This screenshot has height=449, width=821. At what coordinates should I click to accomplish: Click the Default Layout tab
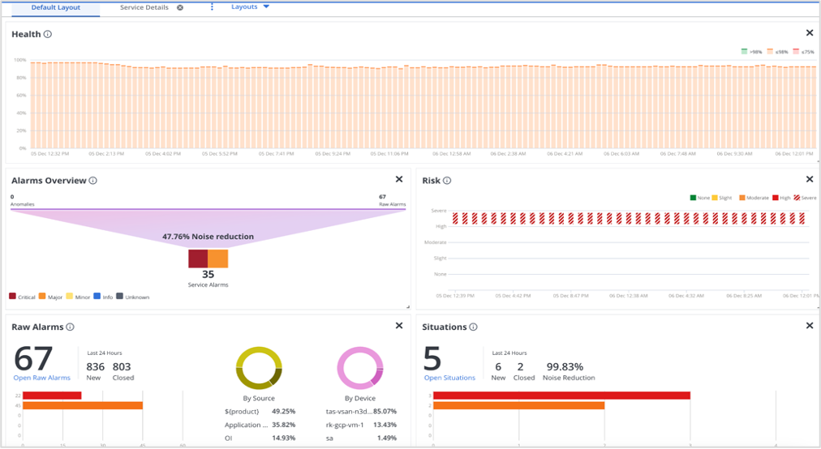pos(55,7)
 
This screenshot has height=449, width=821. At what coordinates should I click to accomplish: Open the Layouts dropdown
pos(250,7)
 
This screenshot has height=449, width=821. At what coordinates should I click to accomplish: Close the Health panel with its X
pos(809,33)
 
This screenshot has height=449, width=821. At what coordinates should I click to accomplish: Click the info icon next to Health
pos(48,34)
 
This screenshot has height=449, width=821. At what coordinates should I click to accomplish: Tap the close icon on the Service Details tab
pos(180,7)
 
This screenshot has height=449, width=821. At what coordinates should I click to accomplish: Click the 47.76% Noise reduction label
pos(208,237)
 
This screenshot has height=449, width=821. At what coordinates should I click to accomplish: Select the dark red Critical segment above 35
pos(198,259)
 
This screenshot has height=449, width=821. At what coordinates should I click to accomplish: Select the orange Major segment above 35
pos(218,259)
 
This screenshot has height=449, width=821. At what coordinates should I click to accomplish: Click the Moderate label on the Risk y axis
pos(436,242)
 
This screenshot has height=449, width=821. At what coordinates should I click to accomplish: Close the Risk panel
pos(809,180)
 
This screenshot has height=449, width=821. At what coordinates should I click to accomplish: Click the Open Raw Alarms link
pos(41,378)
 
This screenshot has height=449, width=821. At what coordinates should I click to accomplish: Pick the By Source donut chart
pos(259,369)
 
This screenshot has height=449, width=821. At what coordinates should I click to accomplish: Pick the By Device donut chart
pos(359,369)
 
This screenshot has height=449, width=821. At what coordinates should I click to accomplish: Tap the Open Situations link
pos(449,378)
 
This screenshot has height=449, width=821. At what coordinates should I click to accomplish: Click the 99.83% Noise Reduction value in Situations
pos(565,366)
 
